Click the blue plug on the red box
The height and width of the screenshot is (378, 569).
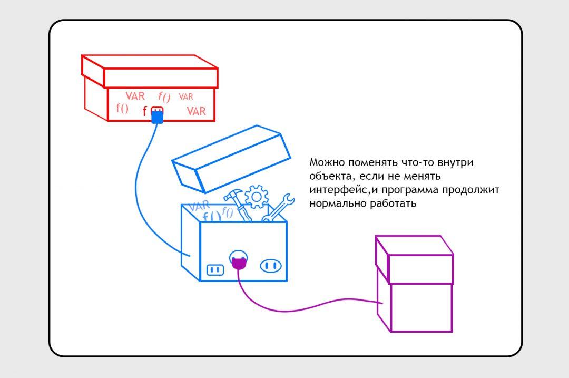pos(157,118)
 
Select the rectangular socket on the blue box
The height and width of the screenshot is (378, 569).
pos(215,270)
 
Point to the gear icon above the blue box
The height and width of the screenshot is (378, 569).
pos(257,197)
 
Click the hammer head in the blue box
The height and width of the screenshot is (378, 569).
pos(232,194)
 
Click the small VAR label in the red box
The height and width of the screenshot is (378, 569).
pos(186,97)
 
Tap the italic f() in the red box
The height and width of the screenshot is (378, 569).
pos(164,96)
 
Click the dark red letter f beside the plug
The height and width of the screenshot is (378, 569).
pos(145,112)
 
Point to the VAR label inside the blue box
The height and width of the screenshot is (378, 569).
pos(199,207)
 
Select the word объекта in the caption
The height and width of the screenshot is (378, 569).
pos(327,176)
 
